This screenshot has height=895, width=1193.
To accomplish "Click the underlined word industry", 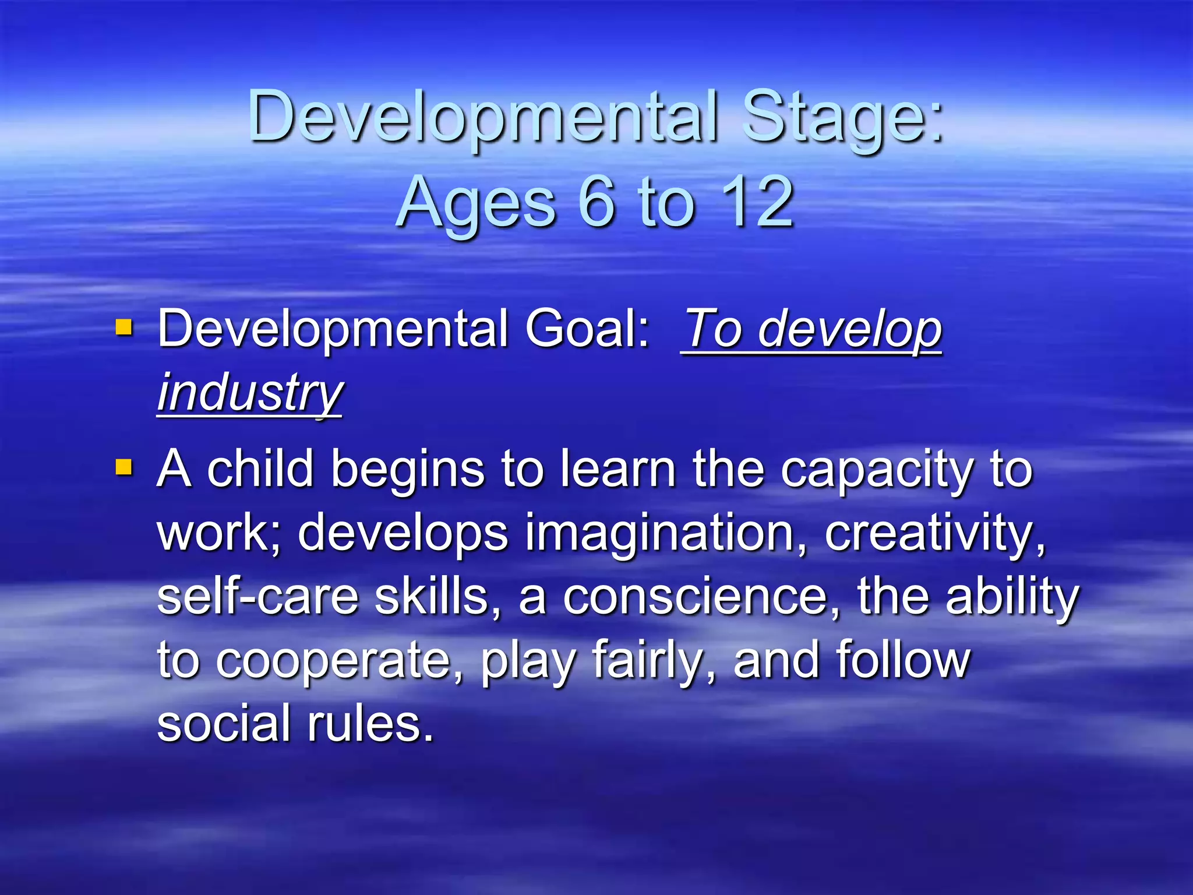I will point(249,393).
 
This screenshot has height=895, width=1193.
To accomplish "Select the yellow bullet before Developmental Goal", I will point(124,327).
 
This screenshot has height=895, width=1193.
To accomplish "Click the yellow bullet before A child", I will point(124,467).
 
